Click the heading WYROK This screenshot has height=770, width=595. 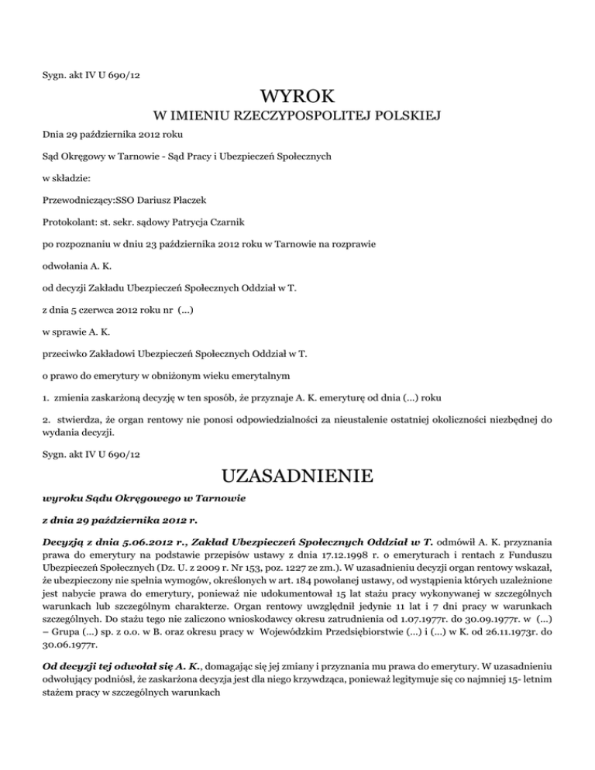tap(297, 98)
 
